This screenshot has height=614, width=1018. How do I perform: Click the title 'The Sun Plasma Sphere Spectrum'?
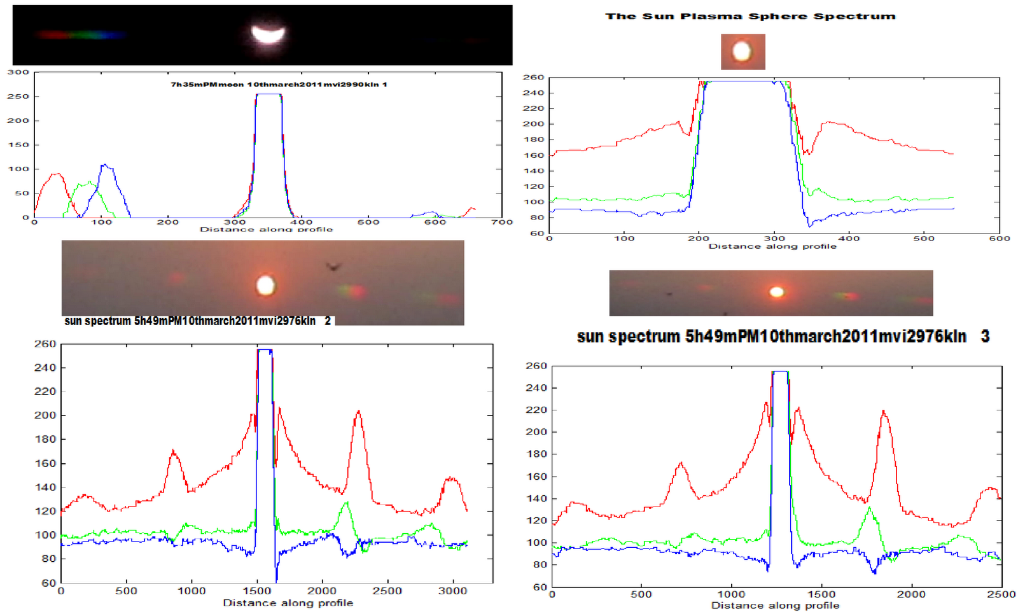tap(750, 16)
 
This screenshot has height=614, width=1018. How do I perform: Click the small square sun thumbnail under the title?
tap(743, 52)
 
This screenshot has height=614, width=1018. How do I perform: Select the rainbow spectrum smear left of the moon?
tap(80, 35)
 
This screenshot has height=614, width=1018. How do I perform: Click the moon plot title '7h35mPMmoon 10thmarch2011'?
tap(279, 84)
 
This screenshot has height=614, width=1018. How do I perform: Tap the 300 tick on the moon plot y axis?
tap(18, 72)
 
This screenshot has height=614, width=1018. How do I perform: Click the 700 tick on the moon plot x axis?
tap(502, 222)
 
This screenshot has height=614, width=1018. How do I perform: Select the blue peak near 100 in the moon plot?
tap(105, 166)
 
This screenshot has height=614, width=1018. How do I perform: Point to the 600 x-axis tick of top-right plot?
tap(999, 239)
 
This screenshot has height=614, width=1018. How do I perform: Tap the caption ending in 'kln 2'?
tap(197, 321)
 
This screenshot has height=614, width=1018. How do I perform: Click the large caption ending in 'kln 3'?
tap(783, 337)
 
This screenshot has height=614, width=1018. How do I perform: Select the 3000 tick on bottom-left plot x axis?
tap(453, 591)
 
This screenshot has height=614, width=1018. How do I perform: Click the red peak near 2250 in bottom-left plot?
tap(358, 412)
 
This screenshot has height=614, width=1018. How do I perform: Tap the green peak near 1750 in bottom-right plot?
tap(869, 507)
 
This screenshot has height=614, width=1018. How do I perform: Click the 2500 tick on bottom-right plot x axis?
tap(1001, 594)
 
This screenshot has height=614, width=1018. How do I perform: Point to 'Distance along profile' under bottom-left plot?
tap(288, 603)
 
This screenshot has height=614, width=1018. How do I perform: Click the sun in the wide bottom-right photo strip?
tap(776, 292)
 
